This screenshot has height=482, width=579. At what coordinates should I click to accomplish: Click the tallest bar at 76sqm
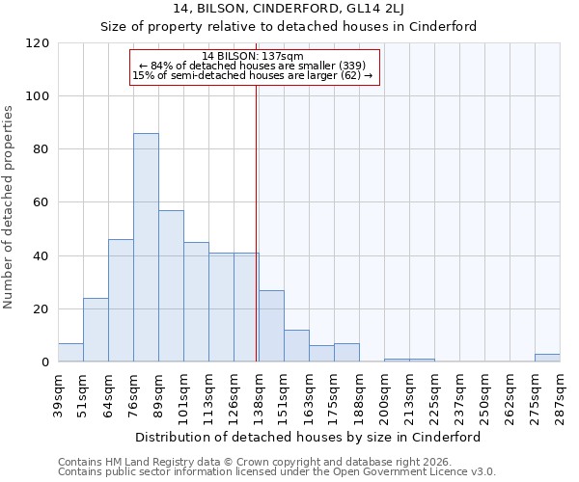tap(146, 248)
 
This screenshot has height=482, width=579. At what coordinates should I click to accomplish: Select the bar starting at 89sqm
tap(171, 286)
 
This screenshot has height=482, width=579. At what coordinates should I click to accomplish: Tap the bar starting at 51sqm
tap(96, 330)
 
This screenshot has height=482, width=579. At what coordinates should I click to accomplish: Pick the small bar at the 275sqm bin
tap(547, 358)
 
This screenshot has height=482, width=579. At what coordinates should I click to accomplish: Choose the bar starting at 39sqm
tap(70, 353)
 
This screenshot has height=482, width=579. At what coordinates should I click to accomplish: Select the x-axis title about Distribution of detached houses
tap(309, 437)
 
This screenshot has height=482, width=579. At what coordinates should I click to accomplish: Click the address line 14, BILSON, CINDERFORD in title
tap(289, 10)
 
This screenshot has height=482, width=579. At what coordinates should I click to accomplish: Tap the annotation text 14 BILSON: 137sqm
tap(253, 56)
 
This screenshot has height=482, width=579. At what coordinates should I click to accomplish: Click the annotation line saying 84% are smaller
tap(253, 66)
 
